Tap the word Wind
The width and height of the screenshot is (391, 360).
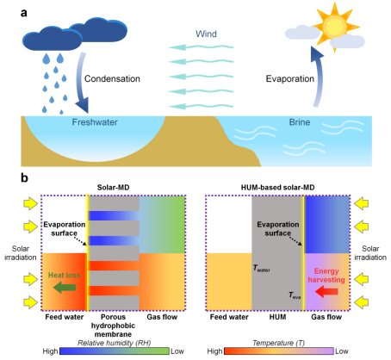point(206,34)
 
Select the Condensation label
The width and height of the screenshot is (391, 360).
point(112,78)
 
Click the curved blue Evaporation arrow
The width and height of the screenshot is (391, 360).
point(318,78)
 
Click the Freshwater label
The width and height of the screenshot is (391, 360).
point(95,122)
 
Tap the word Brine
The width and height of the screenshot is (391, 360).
point(300,122)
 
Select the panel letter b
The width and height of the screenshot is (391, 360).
point(24,178)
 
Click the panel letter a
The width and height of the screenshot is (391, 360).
point(24,13)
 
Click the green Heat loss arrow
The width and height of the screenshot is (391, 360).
point(65,288)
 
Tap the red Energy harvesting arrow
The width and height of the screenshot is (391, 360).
point(326,292)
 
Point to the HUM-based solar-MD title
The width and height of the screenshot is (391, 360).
point(277,188)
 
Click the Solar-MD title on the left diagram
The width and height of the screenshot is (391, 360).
point(113,188)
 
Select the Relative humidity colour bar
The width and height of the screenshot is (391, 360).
point(115,351)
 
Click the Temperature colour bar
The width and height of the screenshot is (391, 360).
point(279,351)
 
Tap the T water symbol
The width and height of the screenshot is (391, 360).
point(261,269)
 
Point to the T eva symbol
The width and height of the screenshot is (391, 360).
point(295,295)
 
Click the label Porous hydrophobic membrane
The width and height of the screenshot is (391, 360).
point(113,326)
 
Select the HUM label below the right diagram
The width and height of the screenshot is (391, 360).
point(277,317)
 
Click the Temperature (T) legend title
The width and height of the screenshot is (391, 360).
point(278,343)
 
